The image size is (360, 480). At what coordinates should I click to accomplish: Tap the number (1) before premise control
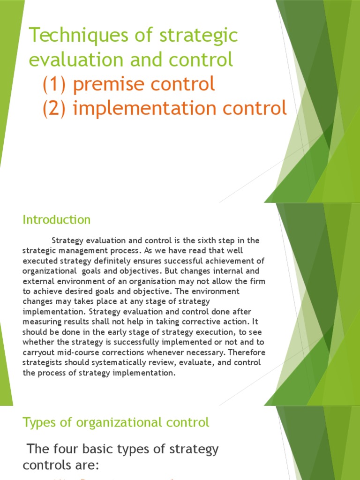pos(55,84)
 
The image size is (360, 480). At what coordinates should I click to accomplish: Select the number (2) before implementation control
pos(55,108)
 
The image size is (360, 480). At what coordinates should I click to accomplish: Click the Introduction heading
pos(57,219)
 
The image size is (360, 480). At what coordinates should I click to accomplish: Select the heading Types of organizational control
pos(116,422)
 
